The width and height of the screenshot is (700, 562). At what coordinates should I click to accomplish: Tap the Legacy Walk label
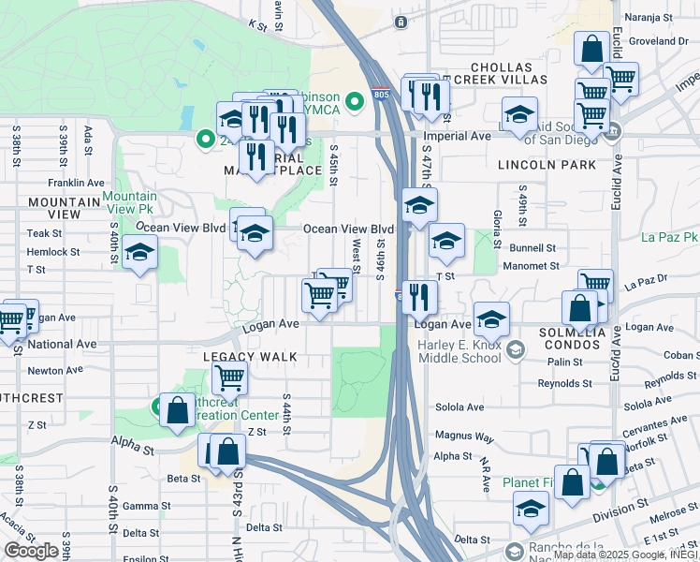click(251, 357)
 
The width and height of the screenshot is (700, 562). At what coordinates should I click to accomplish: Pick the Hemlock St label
click(53, 252)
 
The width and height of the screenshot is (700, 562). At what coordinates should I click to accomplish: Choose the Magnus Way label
click(464, 436)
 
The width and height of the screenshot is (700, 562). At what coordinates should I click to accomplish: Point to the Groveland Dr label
click(659, 41)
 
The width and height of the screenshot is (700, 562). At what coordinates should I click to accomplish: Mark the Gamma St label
click(141, 506)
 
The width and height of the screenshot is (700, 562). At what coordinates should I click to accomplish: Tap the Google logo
click(31, 551)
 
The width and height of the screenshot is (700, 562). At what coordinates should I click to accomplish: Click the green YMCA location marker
click(354, 100)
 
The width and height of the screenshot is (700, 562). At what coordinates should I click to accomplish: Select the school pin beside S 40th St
click(140, 253)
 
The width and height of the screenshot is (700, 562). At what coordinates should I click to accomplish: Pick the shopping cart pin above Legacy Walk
click(229, 378)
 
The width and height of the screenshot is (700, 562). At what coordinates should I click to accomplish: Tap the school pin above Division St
click(531, 510)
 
